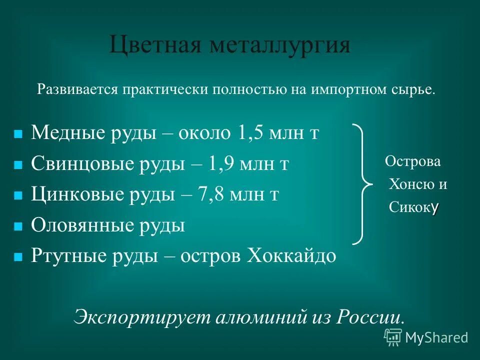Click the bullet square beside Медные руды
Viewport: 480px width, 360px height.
(18, 134)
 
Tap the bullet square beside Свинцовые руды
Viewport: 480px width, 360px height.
(18, 165)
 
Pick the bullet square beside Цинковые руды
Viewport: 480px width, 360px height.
(18, 195)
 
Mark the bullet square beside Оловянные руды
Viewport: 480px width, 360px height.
(18, 226)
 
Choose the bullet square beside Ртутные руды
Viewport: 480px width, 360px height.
(18, 257)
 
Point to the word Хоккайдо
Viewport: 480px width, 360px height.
(289, 255)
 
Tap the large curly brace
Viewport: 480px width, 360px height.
(363, 184)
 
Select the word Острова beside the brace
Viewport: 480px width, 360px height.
(413, 162)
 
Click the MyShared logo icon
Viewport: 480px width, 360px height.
(393, 337)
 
